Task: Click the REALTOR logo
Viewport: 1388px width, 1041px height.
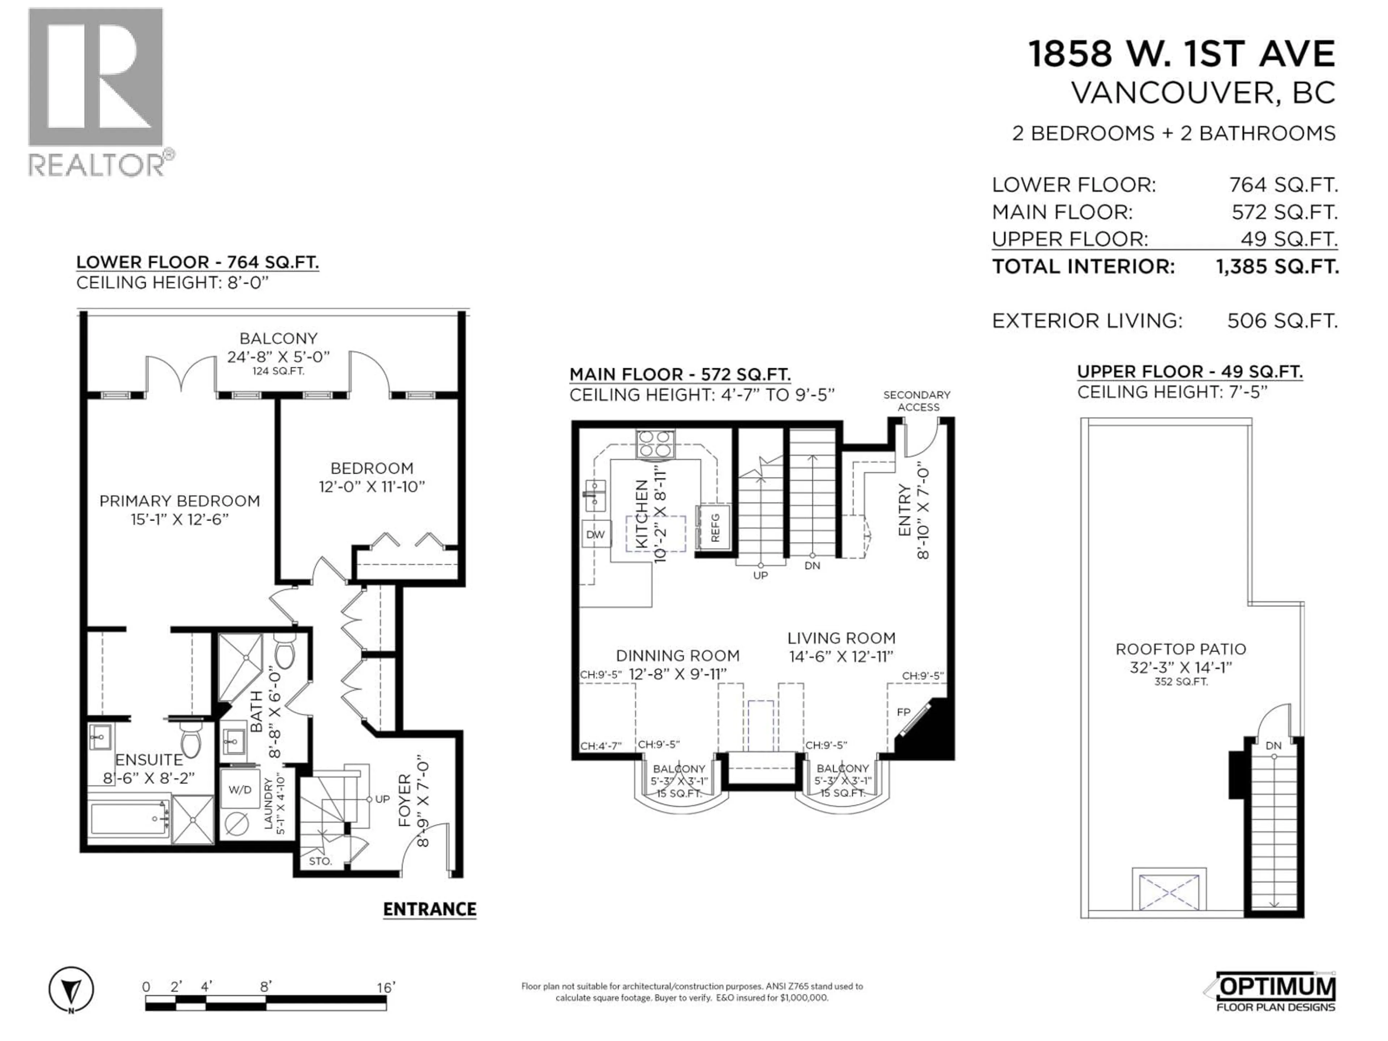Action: click(x=97, y=91)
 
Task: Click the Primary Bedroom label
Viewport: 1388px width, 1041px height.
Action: click(x=179, y=501)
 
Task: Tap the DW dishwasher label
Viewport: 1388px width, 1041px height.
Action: click(x=595, y=535)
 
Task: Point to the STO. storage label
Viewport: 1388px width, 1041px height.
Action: click(x=320, y=862)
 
